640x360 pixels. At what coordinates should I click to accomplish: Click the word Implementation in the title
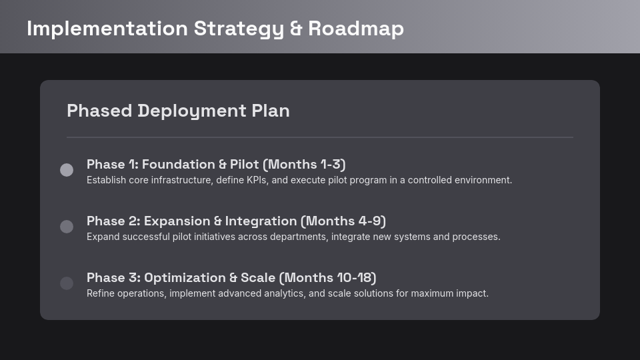pos(107,29)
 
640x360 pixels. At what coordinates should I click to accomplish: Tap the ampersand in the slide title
pos(296,29)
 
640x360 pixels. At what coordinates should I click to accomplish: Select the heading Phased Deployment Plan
pos(178,111)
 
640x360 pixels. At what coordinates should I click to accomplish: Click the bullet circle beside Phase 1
pos(67,170)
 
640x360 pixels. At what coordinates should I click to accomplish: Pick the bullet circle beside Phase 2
pos(67,227)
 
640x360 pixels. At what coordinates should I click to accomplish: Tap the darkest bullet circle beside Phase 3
pos(67,283)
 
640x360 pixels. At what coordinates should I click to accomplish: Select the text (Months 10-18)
pos(327,278)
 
